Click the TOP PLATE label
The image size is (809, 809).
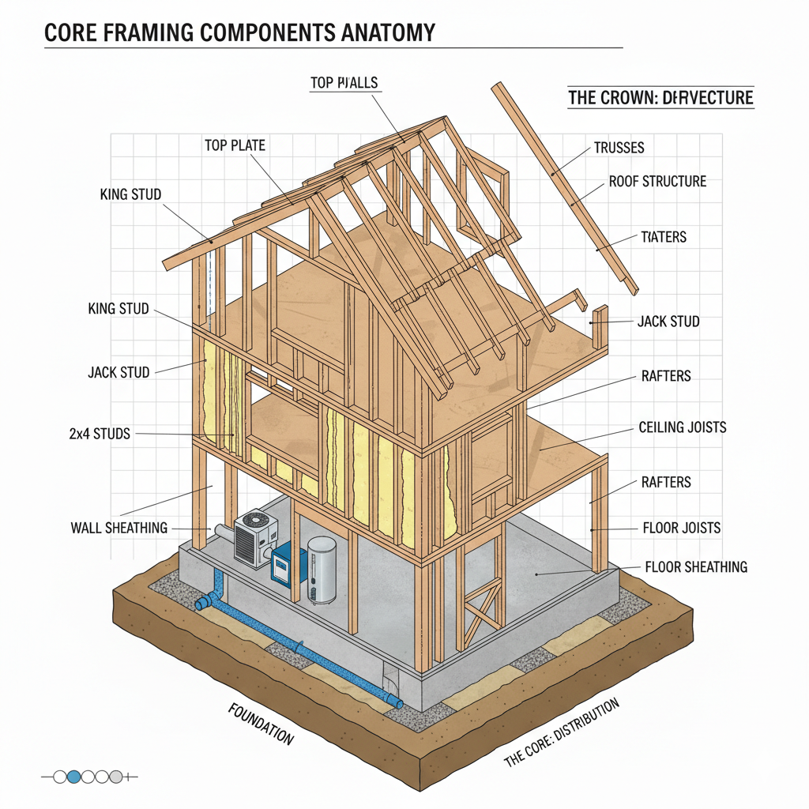[x=235, y=145]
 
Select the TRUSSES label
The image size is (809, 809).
[x=619, y=148]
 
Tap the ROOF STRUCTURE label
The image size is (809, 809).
[x=657, y=182]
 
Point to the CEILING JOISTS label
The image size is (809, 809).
[x=682, y=428]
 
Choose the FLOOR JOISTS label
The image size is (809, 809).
[x=681, y=528]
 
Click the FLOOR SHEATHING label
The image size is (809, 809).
[x=696, y=567]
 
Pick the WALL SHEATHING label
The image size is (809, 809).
[x=119, y=528]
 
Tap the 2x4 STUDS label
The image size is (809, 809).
[x=100, y=433]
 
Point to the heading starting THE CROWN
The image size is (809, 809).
[x=660, y=98]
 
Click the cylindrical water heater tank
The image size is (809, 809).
[x=322, y=569]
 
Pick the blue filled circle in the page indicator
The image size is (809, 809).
[x=74, y=777]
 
